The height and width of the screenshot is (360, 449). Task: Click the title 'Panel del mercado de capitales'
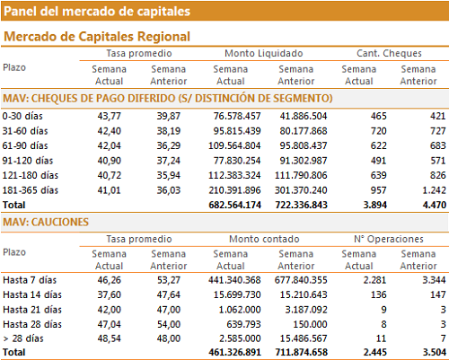tap(97, 12)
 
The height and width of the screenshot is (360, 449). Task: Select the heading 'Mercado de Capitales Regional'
tap(97, 37)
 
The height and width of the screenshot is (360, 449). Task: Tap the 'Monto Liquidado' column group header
tap(264, 53)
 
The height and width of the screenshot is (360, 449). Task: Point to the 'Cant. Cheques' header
tap(389, 53)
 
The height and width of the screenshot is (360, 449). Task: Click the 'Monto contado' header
tap(264, 239)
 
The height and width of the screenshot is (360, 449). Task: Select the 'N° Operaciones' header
tap(389, 239)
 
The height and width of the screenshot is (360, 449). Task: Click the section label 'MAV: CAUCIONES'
tap(46, 222)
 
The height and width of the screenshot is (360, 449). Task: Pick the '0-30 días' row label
tap(22, 116)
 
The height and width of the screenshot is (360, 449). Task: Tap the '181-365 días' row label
tap(31, 190)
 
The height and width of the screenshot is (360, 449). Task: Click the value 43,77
tap(109, 116)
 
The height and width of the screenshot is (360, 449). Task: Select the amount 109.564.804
tap(234, 145)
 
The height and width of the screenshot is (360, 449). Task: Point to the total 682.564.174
tap(234, 205)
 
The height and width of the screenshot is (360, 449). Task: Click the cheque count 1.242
tap(434, 190)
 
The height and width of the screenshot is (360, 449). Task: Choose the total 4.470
tap(435, 205)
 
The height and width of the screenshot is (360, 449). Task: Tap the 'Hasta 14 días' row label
tap(32, 294)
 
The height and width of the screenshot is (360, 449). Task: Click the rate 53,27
tap(169, 280)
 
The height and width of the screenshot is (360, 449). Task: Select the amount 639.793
tap(243, 324)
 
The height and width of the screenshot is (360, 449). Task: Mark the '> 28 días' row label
tap(23, 338)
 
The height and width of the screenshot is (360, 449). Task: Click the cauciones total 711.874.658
tap(302, 352)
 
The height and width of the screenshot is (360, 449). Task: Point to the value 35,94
tap(169, 175)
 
